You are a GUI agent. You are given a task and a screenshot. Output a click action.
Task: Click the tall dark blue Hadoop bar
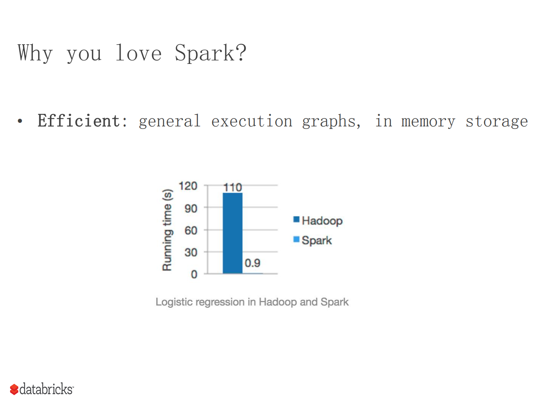pyautogui.click(x=232, y=233)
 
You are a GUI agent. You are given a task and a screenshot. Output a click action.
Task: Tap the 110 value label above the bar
pyautogui.click(x=232, y=187)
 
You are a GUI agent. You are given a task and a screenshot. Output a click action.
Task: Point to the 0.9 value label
pyautogui.click(x=252, y=263)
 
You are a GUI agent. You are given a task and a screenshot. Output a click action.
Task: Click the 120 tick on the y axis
pyautogui.click(x=188, y=186)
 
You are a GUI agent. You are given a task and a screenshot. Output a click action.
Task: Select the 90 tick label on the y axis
pyautogui.click(x=191, y=208)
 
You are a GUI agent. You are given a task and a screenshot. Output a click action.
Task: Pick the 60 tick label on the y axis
pyautogui.click(x=191, y=230)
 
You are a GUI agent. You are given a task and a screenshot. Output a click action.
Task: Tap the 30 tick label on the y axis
pyautogui.click(x=191, y=252)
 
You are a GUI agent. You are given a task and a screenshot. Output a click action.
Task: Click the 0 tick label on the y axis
pyautogui.click(x=194, y=274)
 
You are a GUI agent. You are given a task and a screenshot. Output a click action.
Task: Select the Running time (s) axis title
pyautogui.click(x=167, y=230)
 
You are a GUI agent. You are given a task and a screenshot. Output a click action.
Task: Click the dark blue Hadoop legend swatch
pyautogui.click(x=296, y=220)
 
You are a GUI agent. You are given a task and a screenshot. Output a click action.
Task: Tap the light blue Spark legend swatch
pyautogui.click(x=296, y=239)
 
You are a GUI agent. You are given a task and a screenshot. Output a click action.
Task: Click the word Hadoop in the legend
pyautogui.click(x=322, y=221)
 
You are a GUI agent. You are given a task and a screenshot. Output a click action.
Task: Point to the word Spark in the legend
pyautogui.click(x=317, y=240)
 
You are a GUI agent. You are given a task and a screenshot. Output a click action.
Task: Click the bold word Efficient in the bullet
pyautogui.click(x=79, y=121)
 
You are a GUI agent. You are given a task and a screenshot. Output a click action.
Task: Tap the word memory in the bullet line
pyautogui.click(x=428, y=122)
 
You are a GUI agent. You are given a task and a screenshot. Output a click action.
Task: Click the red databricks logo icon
pyautogui.click(x=14, y=389)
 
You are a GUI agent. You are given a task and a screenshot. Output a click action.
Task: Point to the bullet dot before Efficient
pyautogui.click(x=20, y=121)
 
